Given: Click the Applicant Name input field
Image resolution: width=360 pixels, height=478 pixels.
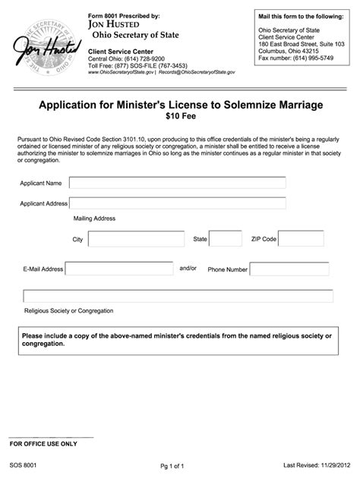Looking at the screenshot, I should (178, 183).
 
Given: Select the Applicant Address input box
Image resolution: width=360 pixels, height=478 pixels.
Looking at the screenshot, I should (178, 203).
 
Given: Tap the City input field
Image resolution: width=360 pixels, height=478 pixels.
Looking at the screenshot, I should (136, 239).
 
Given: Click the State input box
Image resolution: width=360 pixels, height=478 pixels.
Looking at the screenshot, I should (226, 239).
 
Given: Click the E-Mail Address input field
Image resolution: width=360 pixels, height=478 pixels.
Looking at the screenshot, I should (119, 269).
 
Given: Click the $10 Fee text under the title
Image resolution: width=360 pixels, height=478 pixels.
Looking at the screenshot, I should (180, 118).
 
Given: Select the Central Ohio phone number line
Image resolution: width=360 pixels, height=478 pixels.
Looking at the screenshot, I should (126, 58).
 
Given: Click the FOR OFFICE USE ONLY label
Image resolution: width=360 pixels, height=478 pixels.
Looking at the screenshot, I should (43, 443).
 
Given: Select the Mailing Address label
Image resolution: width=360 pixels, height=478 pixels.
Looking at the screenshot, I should (94, 219).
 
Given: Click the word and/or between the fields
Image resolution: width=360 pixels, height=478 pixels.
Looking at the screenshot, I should (188, 268).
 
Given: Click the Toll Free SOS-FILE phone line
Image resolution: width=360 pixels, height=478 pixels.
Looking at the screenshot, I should (132, 66).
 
